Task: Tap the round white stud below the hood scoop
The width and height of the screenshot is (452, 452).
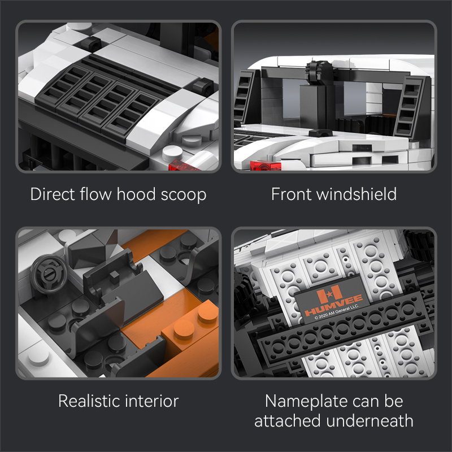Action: point(169,153)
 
